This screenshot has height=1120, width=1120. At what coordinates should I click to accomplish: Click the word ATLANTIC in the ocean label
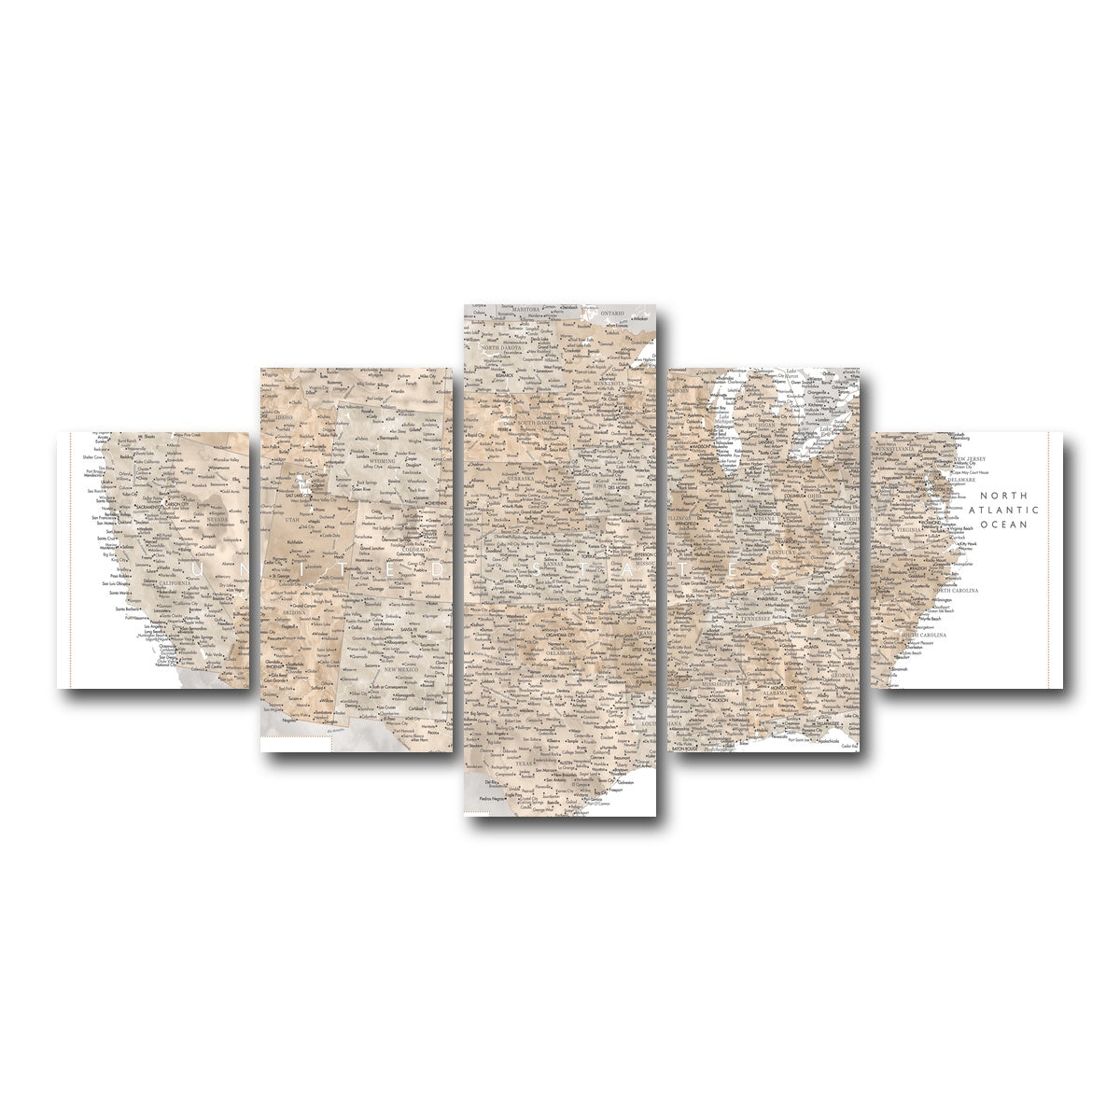coord(1009,511)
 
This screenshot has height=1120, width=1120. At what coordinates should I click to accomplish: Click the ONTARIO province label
coord(612,314)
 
